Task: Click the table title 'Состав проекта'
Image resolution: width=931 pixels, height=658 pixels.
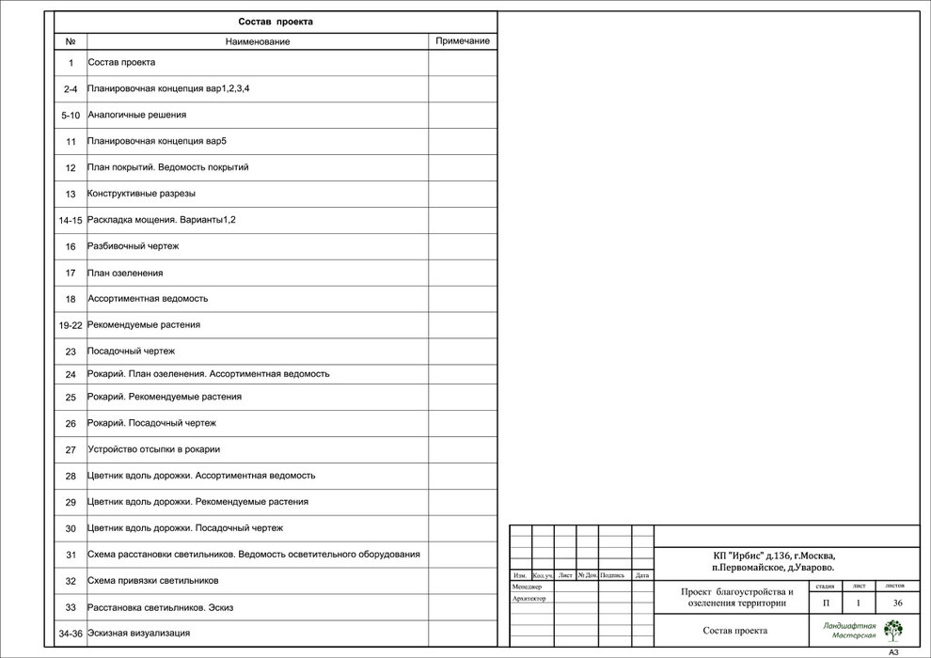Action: (x=276, y=22)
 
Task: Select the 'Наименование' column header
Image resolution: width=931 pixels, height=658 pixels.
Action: (x=258, y=41)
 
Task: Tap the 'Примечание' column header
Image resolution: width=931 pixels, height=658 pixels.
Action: (x=463, y=41)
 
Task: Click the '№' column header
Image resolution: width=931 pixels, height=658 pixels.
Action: (x=71, y=41)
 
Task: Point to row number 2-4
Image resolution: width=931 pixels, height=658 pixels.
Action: (x=71, y=88)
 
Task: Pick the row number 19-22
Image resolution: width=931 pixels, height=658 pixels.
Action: (x=71, y=324)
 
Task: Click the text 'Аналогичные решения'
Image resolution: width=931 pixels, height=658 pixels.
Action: (x=137, y=115)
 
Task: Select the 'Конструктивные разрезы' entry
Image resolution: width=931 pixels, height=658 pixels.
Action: (x=142, y=194)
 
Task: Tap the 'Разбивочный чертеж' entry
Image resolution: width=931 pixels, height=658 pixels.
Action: (x=134, y=246)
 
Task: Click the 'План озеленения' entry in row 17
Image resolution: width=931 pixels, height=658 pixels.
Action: (x=126, y=273)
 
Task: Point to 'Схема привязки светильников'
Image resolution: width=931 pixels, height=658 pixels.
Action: (x=153, y=581)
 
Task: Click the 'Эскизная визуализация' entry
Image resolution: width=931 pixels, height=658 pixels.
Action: (x=139, y=634)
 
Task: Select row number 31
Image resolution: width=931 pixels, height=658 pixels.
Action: (x=71, y=555)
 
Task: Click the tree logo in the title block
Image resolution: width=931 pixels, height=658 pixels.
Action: (x=892, y=630)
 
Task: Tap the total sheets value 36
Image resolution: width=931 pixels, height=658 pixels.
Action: (x=897, y=603)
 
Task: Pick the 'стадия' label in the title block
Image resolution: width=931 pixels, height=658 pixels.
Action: (x=825, y=586)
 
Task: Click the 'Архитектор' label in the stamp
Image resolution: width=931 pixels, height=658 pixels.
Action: (x=529, y=598)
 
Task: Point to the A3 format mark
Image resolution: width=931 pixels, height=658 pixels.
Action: (x=893, y=651)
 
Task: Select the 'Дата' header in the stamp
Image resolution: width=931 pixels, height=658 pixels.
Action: (x=642, y=575)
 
